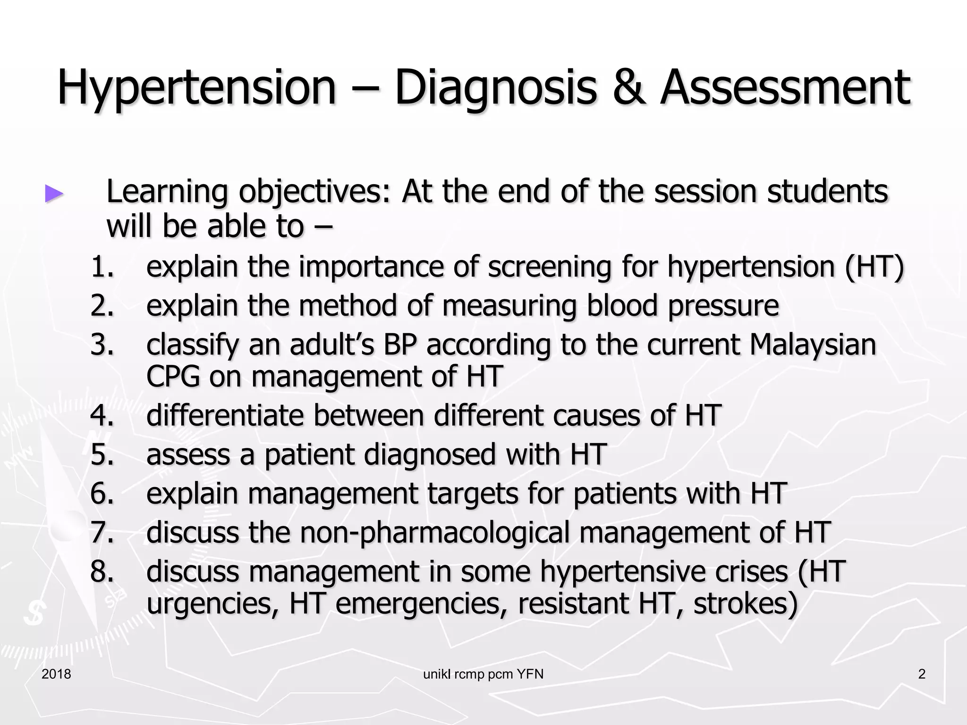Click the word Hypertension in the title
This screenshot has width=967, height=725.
point(196,88)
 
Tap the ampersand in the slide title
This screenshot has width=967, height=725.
point(628,88)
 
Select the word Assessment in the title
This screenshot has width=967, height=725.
point(785,88)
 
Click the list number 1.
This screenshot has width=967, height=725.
point(102,267)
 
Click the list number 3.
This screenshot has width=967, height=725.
point(102,345)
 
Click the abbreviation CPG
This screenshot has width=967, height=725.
point(173,377)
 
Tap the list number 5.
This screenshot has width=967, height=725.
point(102,455)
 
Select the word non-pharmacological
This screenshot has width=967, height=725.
point(435,533)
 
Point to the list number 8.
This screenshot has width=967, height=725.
point(102,572)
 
